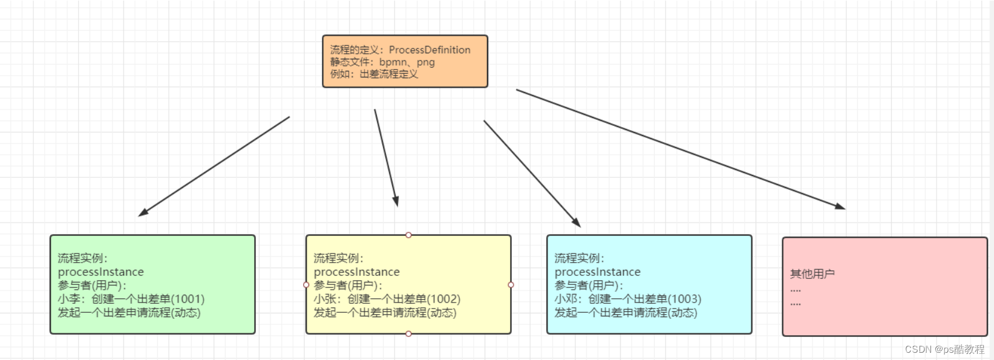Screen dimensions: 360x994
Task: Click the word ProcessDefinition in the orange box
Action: [x=430, y=50]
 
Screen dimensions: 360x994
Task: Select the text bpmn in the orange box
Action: [x=393, y=62]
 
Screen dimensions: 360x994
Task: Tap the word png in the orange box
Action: [x=425, y=62]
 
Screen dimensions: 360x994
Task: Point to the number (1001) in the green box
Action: [x=188, y=299]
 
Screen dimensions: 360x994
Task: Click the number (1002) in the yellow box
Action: [x=443, y=299]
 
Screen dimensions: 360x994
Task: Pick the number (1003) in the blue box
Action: [x=684, y=299]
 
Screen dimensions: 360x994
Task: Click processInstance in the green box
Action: [x=101, y=272]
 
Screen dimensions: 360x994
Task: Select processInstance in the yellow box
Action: [x=357, y=272]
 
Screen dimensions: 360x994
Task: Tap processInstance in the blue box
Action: [x=598, y=272]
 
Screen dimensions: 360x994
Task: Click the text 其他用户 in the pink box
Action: [x=813, y=274]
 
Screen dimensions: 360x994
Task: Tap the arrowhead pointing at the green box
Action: [x=143, y=212]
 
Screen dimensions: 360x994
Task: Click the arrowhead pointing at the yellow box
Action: [x=396, y=201]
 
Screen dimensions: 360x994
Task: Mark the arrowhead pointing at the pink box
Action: [x=840, y=206]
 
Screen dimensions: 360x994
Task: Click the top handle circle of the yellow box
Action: [x=408, y=235]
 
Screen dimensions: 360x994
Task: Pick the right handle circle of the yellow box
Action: [x=511, y=284]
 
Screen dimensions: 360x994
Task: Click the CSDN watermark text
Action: [x=944, y=349]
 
